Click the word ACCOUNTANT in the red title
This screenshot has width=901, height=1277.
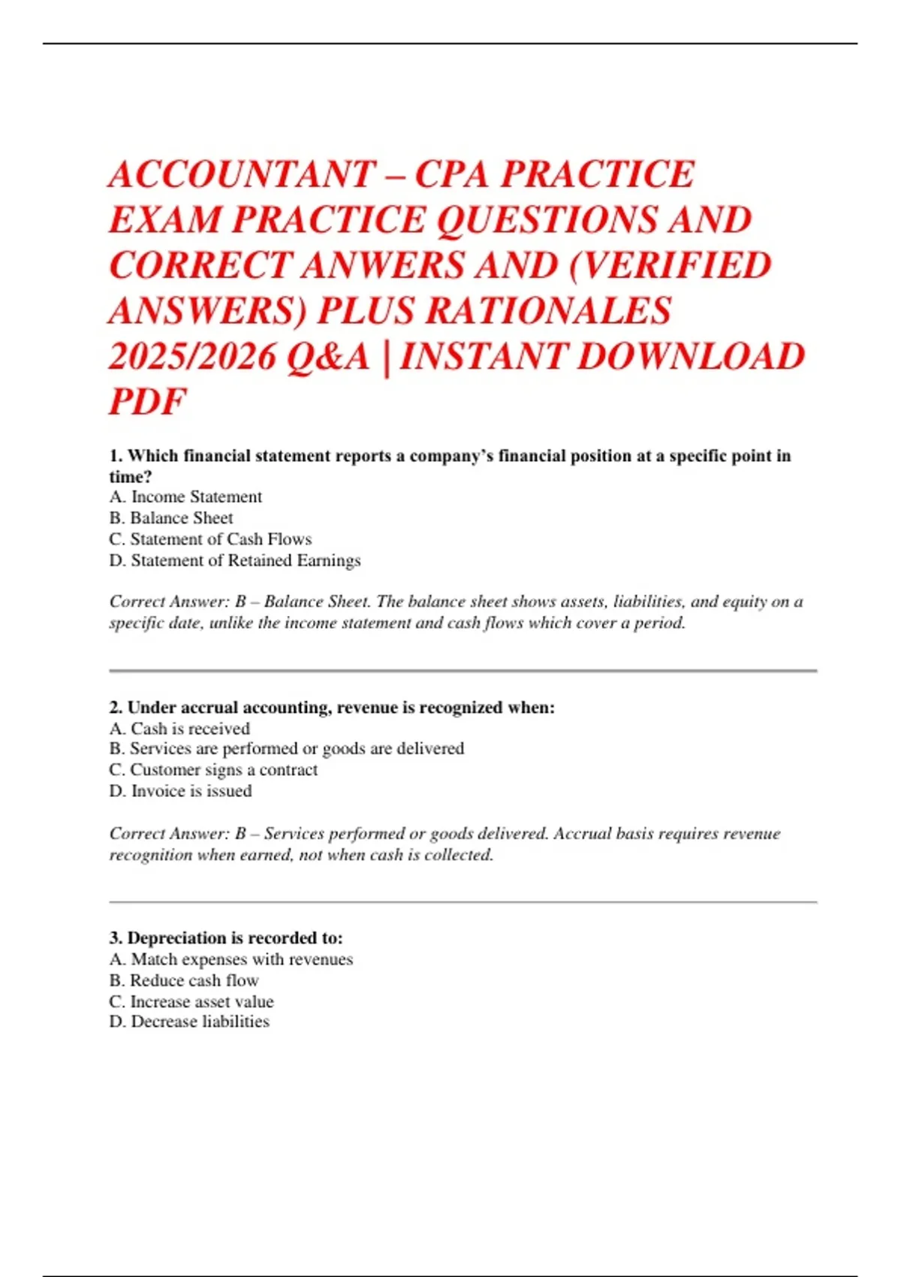coord(242,175)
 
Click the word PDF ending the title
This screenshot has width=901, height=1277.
coord(147,402)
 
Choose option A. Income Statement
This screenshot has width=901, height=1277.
coord(185,497)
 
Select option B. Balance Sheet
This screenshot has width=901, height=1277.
coord(171,518)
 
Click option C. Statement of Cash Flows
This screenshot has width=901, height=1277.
coord(210,539)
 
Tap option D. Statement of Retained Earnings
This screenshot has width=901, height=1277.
coord(235,560)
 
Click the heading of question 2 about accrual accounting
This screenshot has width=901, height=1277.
coord(332,708)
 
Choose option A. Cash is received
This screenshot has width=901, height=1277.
coord(179,729)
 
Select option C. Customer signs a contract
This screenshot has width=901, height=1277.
coord(213,770)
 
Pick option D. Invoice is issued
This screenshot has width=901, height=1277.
coord(180,791)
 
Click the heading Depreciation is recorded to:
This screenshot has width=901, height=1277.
coord(226,938)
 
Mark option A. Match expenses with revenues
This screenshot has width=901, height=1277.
coord(231,959)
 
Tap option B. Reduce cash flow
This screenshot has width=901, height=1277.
coord(184,980)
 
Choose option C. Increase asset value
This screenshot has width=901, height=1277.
coord(191,1001)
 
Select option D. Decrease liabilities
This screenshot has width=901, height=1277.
coord(189,1022)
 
